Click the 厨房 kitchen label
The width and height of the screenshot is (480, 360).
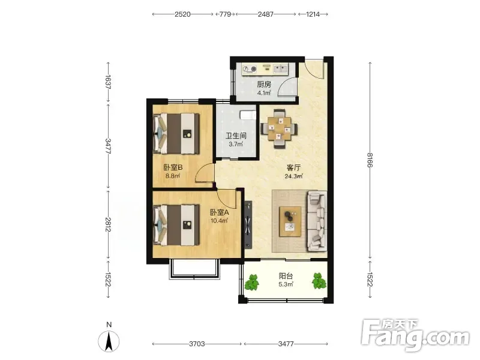point(264,85)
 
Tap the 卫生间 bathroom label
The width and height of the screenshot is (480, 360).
point(236,136)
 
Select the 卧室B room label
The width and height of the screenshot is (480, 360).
point(173,167)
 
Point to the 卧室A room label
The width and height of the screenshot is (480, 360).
point(220,212)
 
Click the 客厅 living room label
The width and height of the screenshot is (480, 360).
point(293,168)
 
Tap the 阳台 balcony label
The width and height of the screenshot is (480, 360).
point(286,276)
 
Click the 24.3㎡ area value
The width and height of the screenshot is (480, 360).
point(293,176)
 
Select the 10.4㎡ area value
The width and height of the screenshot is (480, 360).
point(219,221)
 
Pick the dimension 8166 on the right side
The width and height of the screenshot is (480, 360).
point(370,160)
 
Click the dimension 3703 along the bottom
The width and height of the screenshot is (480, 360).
point(197,344)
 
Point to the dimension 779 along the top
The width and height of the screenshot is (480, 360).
point(225,14)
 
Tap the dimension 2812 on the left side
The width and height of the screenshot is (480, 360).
point(108,224)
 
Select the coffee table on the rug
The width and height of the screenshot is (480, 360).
point(290,221)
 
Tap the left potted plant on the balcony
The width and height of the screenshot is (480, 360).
point(252,282)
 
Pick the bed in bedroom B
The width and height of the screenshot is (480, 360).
point(176,133)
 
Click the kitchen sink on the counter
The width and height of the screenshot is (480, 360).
point(280,69)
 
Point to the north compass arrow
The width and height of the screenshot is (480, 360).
point(109,341)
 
